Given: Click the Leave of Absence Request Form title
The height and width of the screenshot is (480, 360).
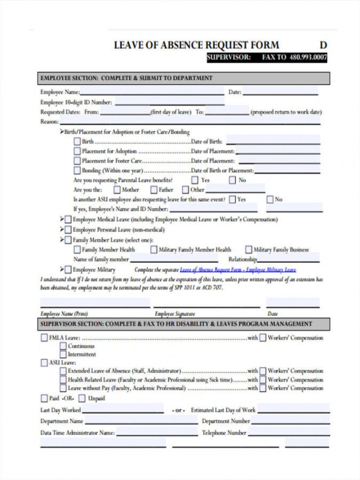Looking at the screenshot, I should point(196,45).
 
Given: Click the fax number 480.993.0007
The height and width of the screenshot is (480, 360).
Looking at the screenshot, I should point(308,58).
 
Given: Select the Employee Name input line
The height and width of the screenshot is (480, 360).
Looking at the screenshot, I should point(153,92).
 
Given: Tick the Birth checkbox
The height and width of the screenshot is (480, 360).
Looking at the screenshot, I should point(77,142).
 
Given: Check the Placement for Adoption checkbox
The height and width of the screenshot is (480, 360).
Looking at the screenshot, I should point(77,151).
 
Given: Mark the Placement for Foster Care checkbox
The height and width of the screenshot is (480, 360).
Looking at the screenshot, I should point(77,161).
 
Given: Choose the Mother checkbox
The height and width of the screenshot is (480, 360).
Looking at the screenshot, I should point(117,190).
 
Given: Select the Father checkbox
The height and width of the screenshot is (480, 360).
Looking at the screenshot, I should point(154,190).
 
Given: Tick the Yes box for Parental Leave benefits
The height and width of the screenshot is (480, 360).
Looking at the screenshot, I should point(195,180).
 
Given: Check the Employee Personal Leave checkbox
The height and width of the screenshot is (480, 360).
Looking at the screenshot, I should point(68,230).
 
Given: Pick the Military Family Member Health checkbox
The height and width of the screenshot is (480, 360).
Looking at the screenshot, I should point(154,250).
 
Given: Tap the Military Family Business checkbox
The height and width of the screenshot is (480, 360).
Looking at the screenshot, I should point(249,250).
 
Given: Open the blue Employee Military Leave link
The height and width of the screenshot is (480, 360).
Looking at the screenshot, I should point(238,270).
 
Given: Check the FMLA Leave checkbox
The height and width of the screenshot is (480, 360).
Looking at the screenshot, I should point(44,338).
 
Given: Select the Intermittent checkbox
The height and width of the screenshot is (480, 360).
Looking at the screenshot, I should point(63,354).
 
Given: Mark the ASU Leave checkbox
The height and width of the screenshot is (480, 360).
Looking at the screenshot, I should point(44,363).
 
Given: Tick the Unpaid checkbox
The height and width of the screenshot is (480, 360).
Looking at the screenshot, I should point(82,398).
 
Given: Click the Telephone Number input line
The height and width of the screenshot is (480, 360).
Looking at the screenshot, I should point(289,433).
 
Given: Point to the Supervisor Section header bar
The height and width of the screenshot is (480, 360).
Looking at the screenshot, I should point(183,324).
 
